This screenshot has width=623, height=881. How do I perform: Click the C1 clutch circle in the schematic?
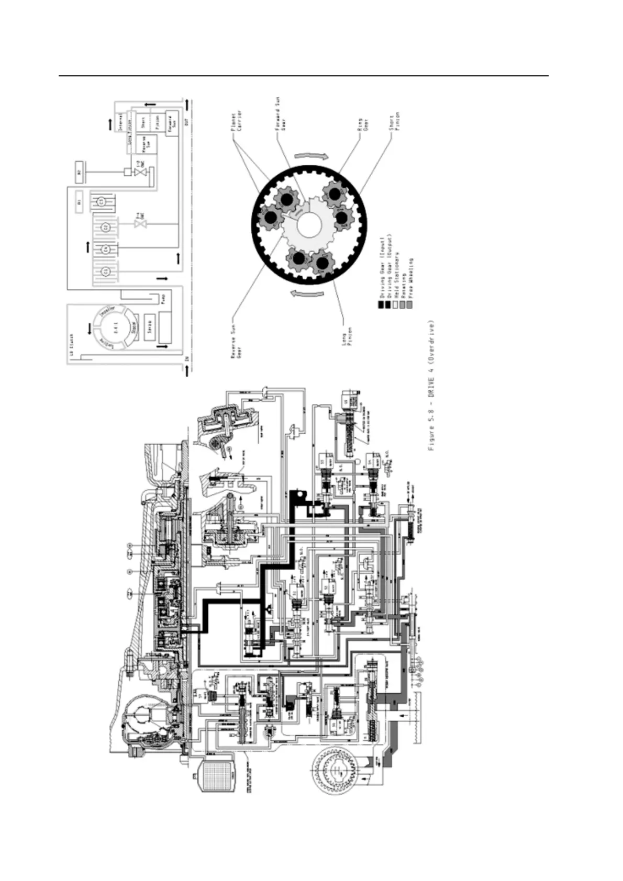105,271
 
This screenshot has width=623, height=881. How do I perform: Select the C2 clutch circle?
105,227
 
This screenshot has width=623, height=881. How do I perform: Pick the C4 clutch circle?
105,249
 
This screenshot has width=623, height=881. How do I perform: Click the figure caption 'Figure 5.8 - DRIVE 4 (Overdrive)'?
432,385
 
